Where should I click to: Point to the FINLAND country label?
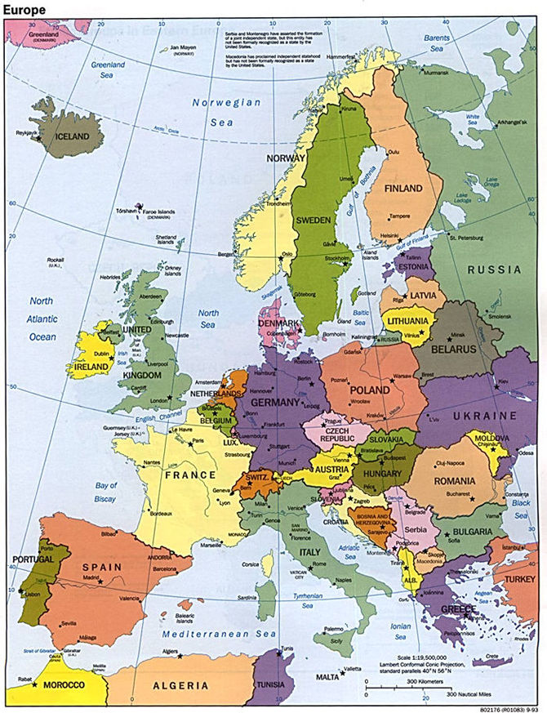(403, 189)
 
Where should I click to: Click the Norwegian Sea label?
(226, 113)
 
